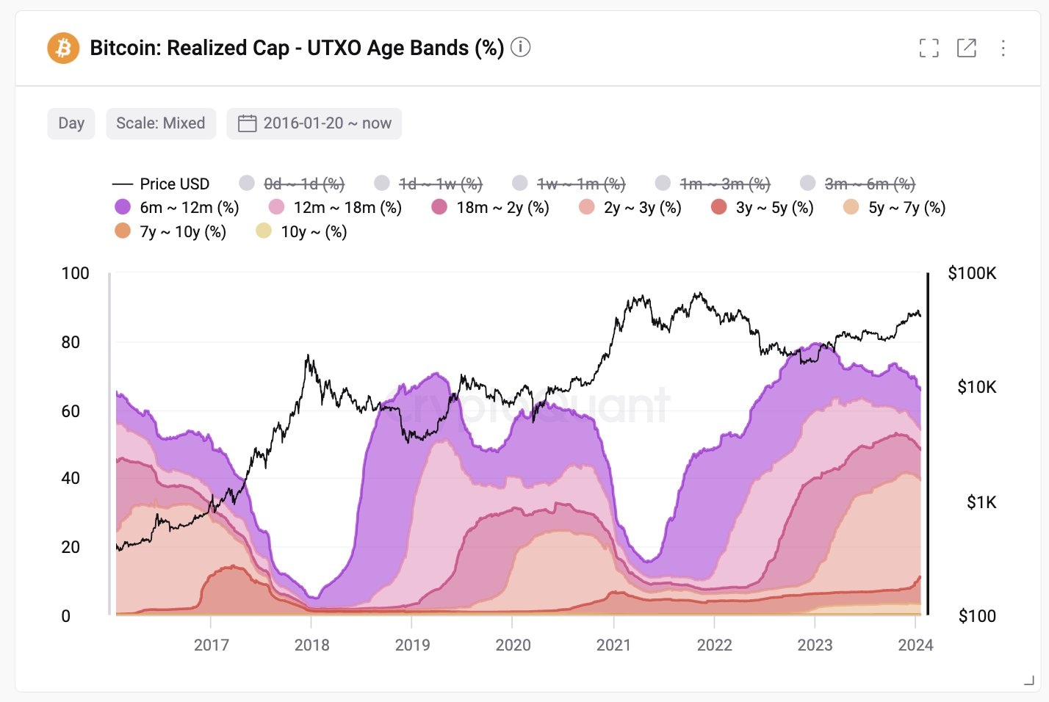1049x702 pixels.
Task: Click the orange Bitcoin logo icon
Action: click(63, 48)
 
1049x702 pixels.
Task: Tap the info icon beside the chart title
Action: click(520, 47)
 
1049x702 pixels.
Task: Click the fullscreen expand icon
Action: click(929, 48)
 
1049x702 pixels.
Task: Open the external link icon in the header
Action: click(966, 48)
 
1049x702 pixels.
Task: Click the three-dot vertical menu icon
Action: click(1003, 48)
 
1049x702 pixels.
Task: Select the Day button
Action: click(71, 123)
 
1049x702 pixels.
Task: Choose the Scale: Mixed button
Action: click(161, 123)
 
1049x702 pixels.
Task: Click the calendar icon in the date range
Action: click(247, 123)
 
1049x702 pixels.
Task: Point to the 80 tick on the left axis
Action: click(71, 342)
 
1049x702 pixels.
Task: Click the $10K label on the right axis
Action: click(976, 387)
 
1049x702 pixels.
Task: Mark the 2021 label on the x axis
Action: click(613, 645)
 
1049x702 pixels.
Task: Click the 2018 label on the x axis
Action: click(311, 645)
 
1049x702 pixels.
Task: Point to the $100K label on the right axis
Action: click(972, 273)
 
